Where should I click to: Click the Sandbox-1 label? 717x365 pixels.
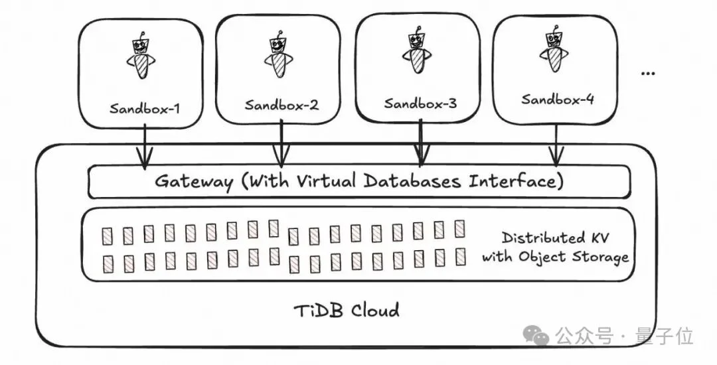[145, 109]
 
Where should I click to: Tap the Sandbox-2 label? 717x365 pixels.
[281, 105]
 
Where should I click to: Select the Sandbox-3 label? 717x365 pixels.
[420, 104]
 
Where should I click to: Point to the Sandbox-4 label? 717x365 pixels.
[558, 99]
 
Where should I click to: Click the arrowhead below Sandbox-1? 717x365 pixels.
[145, 159]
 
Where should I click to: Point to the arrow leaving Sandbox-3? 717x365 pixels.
[421, 141]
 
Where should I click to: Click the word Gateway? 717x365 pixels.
[194, 182]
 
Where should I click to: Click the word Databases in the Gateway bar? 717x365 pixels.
[413, 181]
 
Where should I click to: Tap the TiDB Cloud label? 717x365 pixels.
[346, 311]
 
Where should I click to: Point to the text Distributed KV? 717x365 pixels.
[556, 238]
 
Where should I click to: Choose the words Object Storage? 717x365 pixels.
[574, 257]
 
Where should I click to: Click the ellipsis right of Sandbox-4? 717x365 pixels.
[648, 74]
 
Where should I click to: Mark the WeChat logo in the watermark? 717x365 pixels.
[536, 336]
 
